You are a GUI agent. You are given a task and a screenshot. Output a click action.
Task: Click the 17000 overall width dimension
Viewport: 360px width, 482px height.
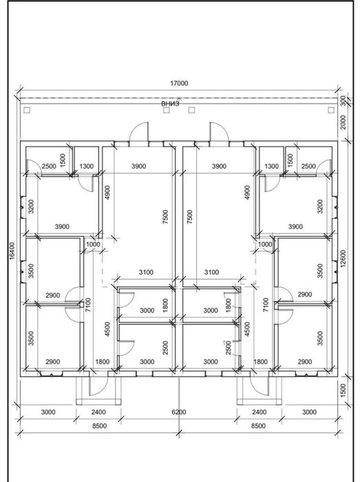(x=179, y=83)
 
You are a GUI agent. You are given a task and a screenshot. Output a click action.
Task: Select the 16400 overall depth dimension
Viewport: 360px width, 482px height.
(x=12, y=251)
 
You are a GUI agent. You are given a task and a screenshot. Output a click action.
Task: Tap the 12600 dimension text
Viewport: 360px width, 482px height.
(x=343, y=258)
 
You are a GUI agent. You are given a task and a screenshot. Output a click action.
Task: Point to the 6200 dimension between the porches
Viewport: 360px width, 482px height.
(x=179, y=412)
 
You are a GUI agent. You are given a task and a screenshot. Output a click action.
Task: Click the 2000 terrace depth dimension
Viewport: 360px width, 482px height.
(x=343, y=123)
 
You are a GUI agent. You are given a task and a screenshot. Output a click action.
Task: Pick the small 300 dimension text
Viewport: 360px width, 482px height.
(x=343, y=101)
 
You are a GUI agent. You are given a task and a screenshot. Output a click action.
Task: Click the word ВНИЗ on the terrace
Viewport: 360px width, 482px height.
(x=170, y=103)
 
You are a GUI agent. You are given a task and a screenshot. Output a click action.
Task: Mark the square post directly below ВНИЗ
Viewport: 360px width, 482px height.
(x=166, y=110)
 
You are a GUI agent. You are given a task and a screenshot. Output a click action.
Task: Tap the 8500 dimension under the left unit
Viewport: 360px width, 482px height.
(x=100, y=426)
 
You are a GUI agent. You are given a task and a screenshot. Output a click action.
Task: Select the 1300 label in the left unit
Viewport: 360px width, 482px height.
(x=86, y=167)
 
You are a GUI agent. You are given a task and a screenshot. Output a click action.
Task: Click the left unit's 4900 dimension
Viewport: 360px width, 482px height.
(x=107, y=192)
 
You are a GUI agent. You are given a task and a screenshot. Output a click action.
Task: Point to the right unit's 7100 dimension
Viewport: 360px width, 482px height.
(x=266, y=304)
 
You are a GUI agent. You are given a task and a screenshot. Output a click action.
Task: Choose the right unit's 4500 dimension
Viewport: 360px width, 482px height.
(x=247, y=329)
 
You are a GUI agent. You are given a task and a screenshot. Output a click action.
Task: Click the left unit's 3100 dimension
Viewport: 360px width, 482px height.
(x=146, y=273)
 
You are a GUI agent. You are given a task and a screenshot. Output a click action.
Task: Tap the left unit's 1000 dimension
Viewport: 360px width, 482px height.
(x=93, y=244)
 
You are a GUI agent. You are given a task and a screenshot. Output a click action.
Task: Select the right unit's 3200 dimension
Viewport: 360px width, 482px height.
(x=320, y=207)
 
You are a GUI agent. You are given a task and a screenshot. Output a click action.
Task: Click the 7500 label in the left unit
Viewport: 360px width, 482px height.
(x=165, y=217)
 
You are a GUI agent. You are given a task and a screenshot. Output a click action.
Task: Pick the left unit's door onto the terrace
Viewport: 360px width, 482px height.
(x=139, y=133)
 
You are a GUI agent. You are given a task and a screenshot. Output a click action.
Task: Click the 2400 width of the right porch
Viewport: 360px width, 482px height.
(x=260, y=412)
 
